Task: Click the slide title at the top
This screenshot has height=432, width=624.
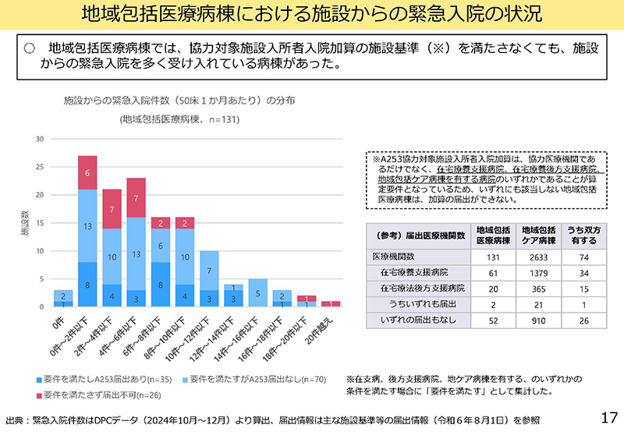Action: [312, 15]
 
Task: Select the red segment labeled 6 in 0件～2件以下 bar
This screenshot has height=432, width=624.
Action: [87, 172]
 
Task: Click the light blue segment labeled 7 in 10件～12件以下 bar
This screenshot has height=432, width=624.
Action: [208, 271]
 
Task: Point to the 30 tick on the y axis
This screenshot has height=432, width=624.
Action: [39, 139]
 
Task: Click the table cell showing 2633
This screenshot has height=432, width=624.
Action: [537, 258]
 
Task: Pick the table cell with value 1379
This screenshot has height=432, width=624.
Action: [537, 273]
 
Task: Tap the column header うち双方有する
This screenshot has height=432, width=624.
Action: [581, 236]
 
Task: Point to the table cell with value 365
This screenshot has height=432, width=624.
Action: [537, 288]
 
